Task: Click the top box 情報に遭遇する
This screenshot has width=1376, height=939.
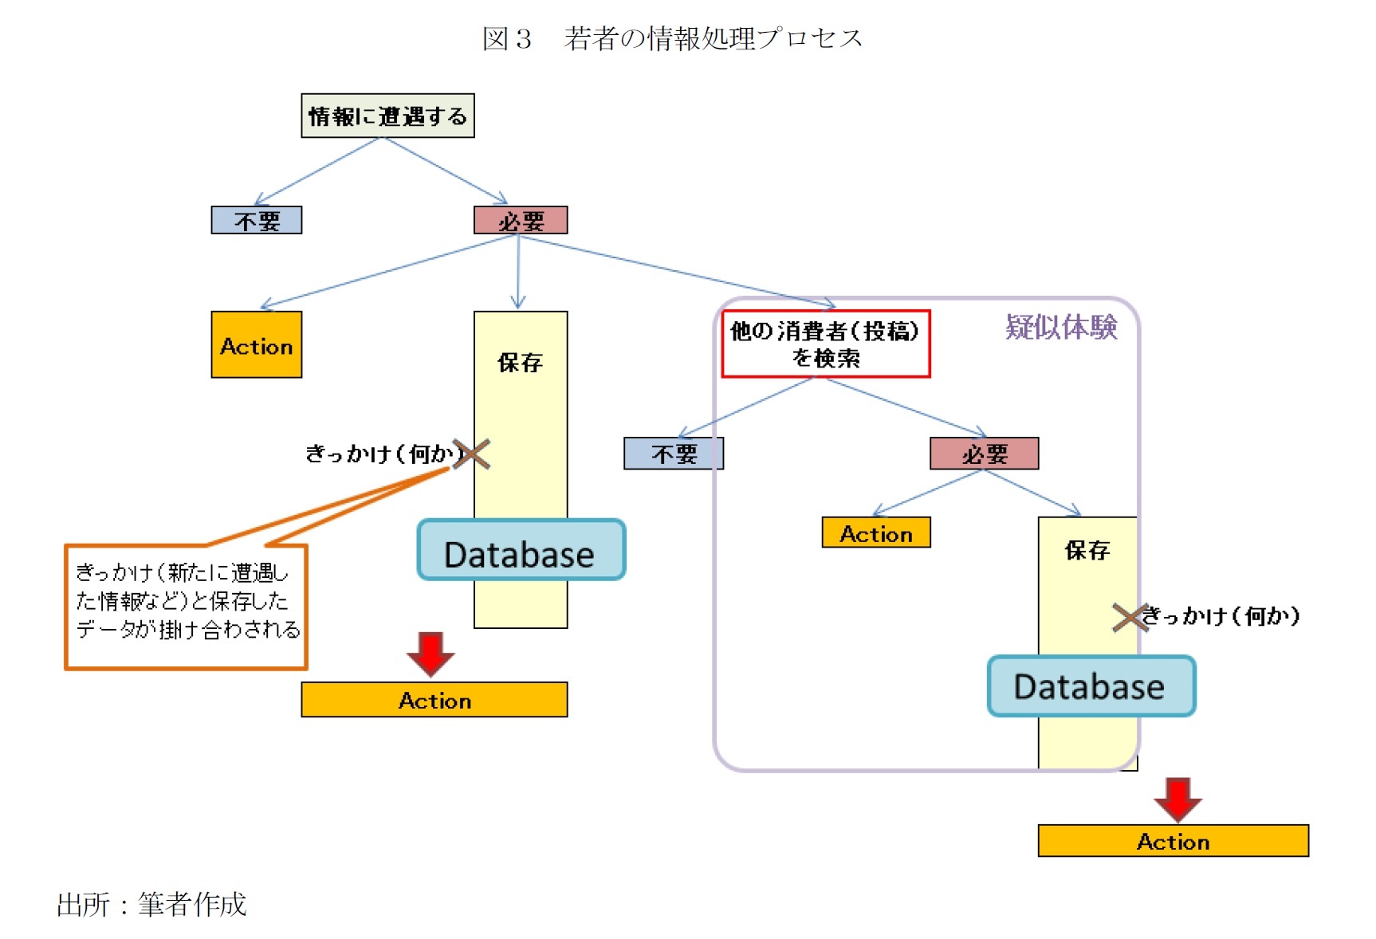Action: [x=387, y=116]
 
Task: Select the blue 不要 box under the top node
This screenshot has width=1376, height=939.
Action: [x=256, y=220]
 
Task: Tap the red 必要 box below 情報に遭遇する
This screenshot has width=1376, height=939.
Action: [x=521, y=220]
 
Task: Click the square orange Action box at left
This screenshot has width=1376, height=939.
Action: [x=256, y=344]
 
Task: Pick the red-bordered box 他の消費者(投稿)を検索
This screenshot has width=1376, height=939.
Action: [x=825, y=344]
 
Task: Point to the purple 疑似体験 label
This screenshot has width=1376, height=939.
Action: [x=1061, y=327]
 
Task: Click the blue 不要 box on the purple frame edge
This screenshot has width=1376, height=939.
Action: [x=674, y=454]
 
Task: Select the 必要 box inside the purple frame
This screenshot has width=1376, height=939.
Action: [x=984, y=454]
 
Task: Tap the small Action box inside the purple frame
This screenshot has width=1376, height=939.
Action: [x=875, y=533]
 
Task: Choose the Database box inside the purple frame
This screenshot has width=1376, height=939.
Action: [x=1091, y=686]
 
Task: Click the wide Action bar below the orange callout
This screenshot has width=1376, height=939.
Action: [x=434, y=700]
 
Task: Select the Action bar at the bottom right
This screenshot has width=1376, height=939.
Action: [x=1173, y=841]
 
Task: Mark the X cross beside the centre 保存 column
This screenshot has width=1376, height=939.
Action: [x=472, y=454]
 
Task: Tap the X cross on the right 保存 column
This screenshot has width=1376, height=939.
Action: [x=1130, y=617]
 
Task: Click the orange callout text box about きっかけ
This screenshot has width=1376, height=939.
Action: [x=187, y=606]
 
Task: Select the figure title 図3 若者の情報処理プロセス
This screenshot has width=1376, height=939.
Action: [x=672, y=38]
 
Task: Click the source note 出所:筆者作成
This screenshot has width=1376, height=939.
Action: [x=151, y=905]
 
